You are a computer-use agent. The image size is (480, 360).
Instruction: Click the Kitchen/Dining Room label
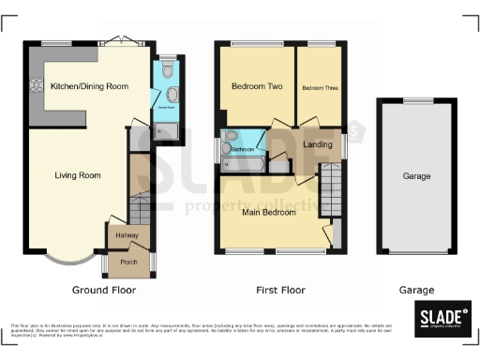coord(89,85)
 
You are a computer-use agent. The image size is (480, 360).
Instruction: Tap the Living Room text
coord(77,175)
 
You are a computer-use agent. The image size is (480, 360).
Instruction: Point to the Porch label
coord(129,262)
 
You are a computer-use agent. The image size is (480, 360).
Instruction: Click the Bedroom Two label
coord(256,86)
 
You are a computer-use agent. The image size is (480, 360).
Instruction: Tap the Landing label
coord(318,143)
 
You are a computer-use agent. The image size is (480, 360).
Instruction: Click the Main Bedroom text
coord(269,212)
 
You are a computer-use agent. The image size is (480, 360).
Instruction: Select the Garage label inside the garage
coord(416,176)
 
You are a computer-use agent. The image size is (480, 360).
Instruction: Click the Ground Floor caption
coord(102,291)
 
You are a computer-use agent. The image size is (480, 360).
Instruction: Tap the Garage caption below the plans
coord(416,291)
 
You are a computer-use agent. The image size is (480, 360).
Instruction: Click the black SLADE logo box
coord(442,317)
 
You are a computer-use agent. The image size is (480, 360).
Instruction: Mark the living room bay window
coord(68,256)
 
